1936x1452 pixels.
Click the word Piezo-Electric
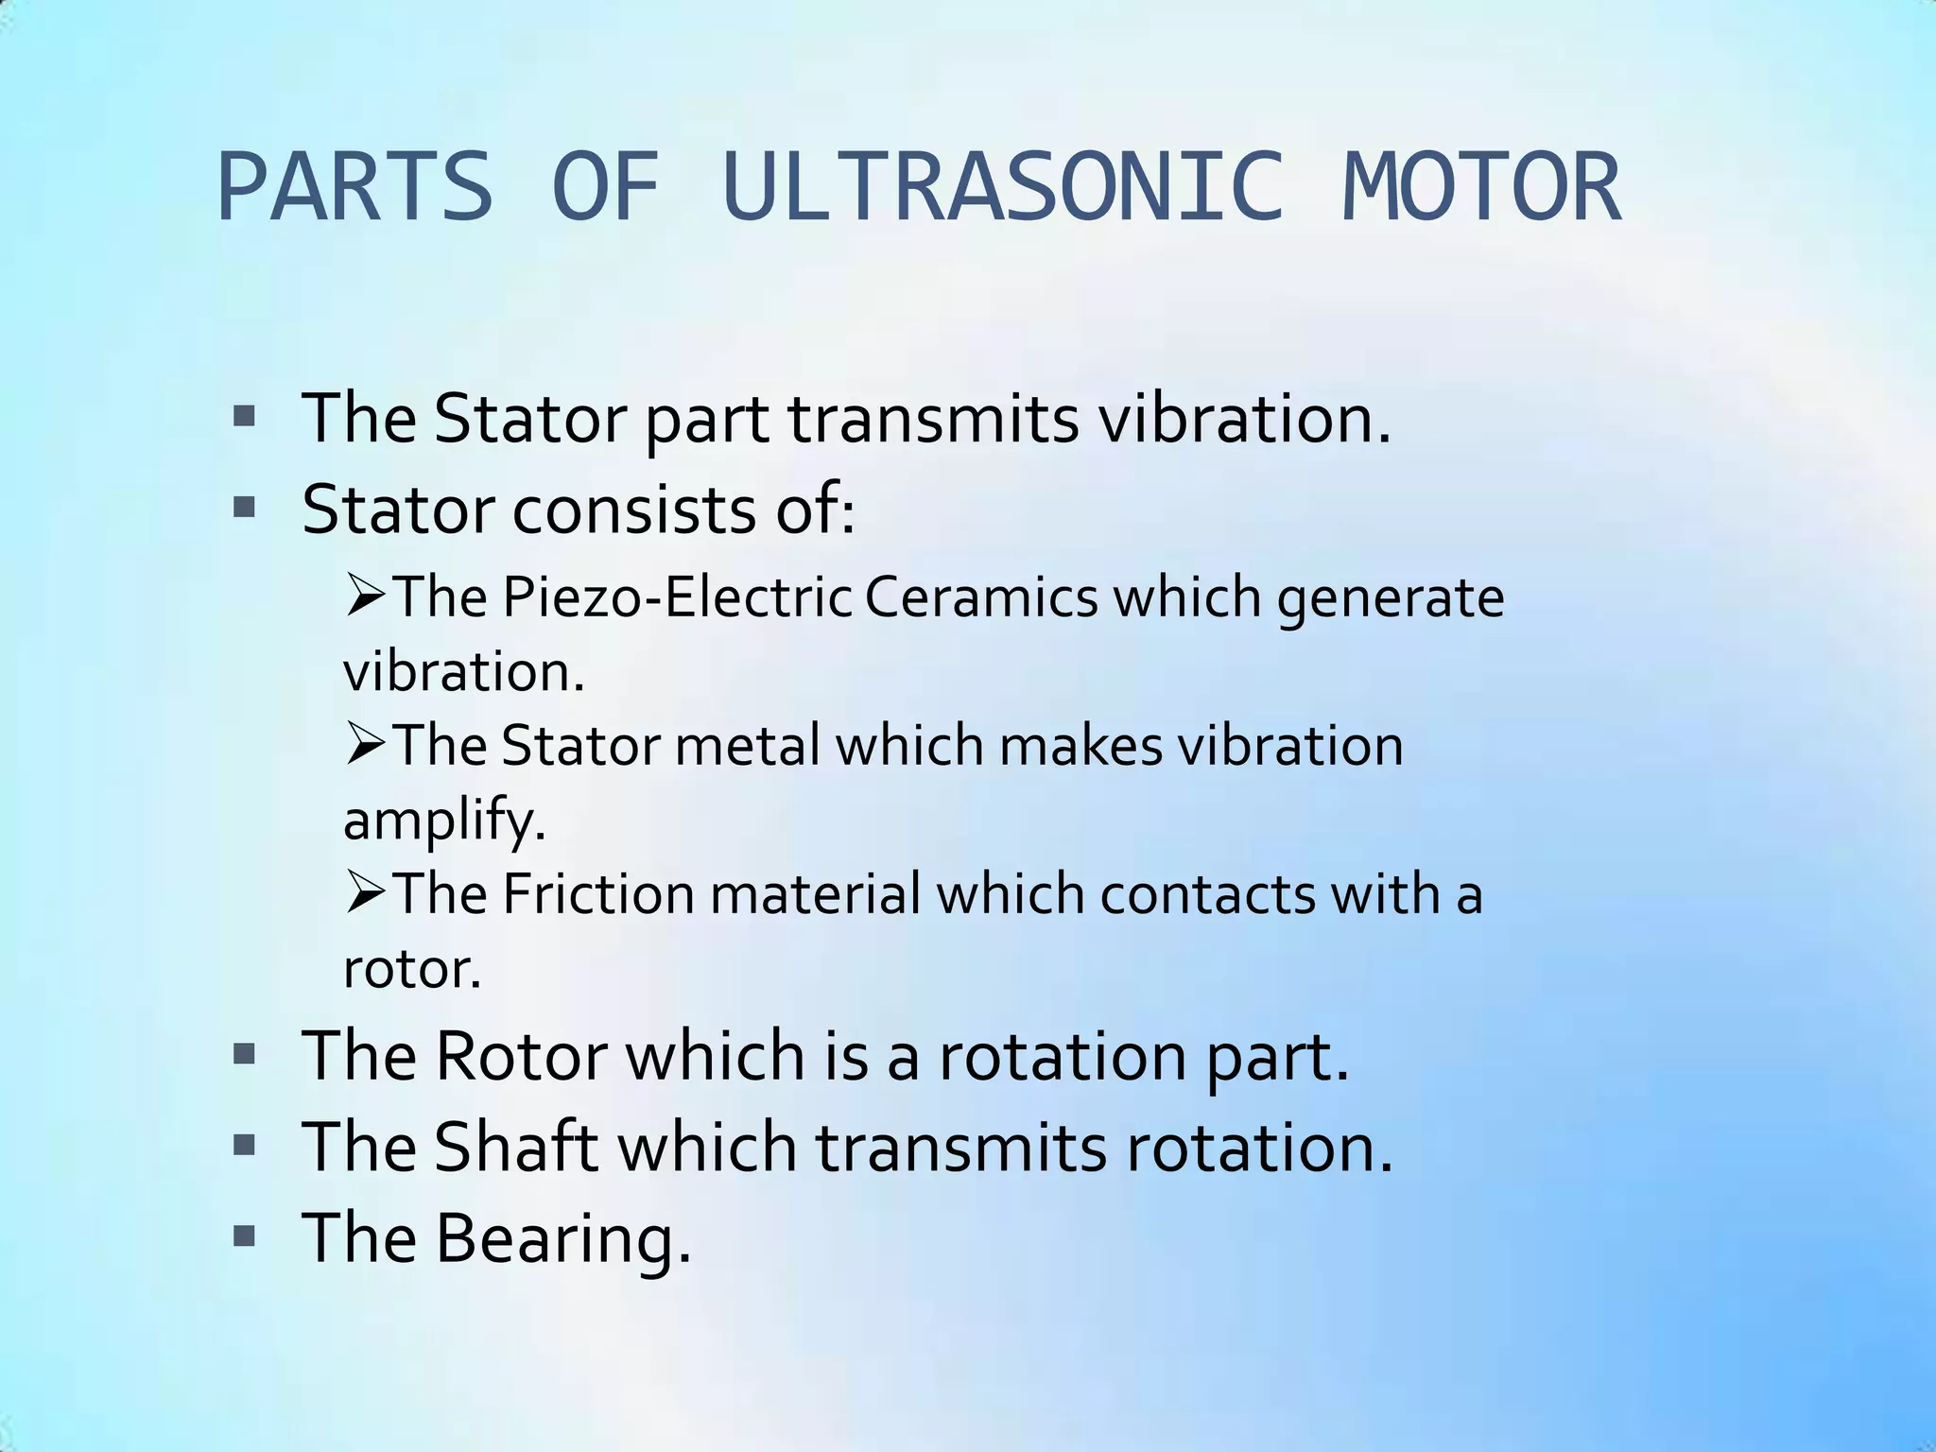tap(677, 597)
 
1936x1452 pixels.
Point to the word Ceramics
tap(981, 597)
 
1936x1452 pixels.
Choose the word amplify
tap(444, 821)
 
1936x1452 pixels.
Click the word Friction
tap(598, 893)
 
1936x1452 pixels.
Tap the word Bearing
tap(562, 1237)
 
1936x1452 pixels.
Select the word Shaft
tap(516, 1147)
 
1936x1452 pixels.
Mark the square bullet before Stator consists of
tap(245, 508)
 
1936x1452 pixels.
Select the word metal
tap(747, 746)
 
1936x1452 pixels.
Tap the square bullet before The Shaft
tap(245, 1145)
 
